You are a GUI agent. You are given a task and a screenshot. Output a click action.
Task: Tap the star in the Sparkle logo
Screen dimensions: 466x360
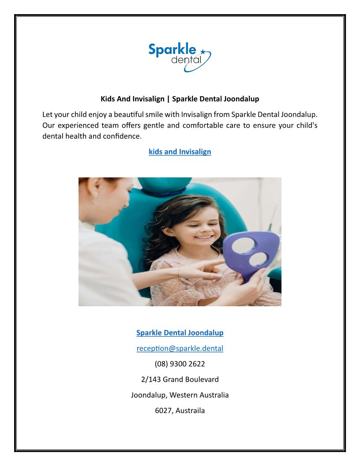click(x=202, y=52)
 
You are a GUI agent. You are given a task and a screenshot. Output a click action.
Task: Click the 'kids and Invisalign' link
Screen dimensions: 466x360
click(x=180, y=152)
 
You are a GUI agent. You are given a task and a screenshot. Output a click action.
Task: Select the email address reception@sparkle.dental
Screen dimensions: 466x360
click(x=180, y=349)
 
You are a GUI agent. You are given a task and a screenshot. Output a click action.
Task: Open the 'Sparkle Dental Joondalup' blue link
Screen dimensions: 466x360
click(x=180, y=333)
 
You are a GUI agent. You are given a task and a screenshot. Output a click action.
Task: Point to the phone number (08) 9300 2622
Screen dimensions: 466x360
click(x=180, y=364)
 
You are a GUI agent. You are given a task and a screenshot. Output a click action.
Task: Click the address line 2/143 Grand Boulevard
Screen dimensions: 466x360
click(x=180, y=380)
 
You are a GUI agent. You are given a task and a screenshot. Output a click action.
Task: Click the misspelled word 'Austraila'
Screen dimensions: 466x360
click(x=191, y=411)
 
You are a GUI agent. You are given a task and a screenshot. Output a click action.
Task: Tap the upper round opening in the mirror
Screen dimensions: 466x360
click(x=244, y=245)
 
